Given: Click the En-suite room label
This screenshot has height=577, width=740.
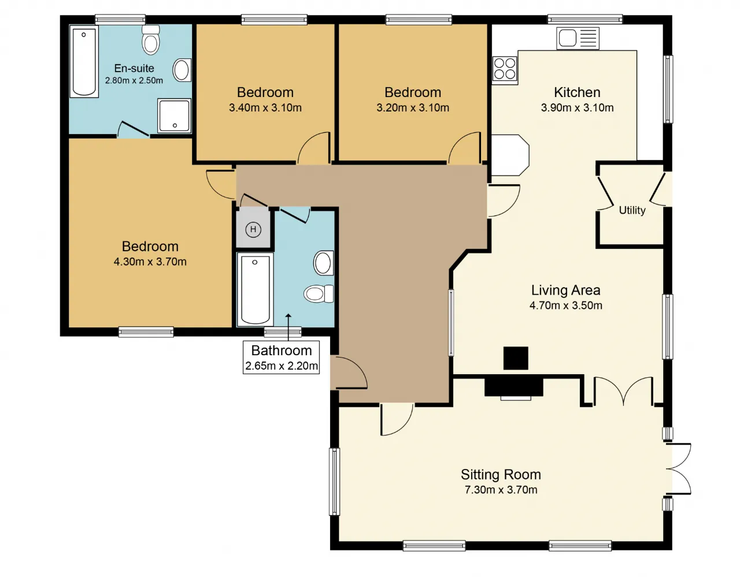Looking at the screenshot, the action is click(x=134, y=68).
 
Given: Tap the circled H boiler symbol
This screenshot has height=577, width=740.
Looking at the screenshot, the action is click(x=253, y=229).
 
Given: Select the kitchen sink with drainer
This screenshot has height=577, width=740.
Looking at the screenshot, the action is click(x=578, y=39).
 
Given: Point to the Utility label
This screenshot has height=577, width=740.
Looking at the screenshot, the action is click(x=632, y=210).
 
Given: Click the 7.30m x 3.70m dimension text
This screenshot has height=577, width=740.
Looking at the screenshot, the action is click(x=501, y=490).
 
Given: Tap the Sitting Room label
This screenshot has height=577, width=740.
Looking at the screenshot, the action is click(x=501, y=474).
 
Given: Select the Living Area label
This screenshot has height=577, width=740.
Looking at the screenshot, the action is click(x=565, y=290).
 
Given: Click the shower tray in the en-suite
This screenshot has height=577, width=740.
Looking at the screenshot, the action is click(x=174, y=116).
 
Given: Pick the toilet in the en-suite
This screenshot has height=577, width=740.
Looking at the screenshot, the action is click(x=150, y=40).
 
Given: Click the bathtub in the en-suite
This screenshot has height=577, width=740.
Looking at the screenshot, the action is click(x=84, y=62).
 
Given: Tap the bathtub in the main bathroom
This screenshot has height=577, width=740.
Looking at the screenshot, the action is click(x=255, y=289).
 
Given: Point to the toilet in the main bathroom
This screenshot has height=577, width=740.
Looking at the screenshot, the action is click(x=319, y=293).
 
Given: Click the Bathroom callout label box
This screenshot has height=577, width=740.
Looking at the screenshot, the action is click(x=282, y=358).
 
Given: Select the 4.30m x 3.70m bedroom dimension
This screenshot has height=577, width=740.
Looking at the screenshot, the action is click(x=150, y=262).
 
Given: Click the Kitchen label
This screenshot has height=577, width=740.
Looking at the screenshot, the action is click(x=577, y=92).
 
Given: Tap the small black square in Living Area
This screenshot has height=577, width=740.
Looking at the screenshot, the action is click(x=516, y=358).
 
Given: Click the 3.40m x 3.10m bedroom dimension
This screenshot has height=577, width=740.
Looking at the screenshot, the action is click(x=265, y=107).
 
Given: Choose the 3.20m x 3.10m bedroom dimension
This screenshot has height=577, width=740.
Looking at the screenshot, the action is click(x=412, y=107).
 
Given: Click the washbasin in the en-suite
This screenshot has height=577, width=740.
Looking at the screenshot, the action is click(x=182, y=70).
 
